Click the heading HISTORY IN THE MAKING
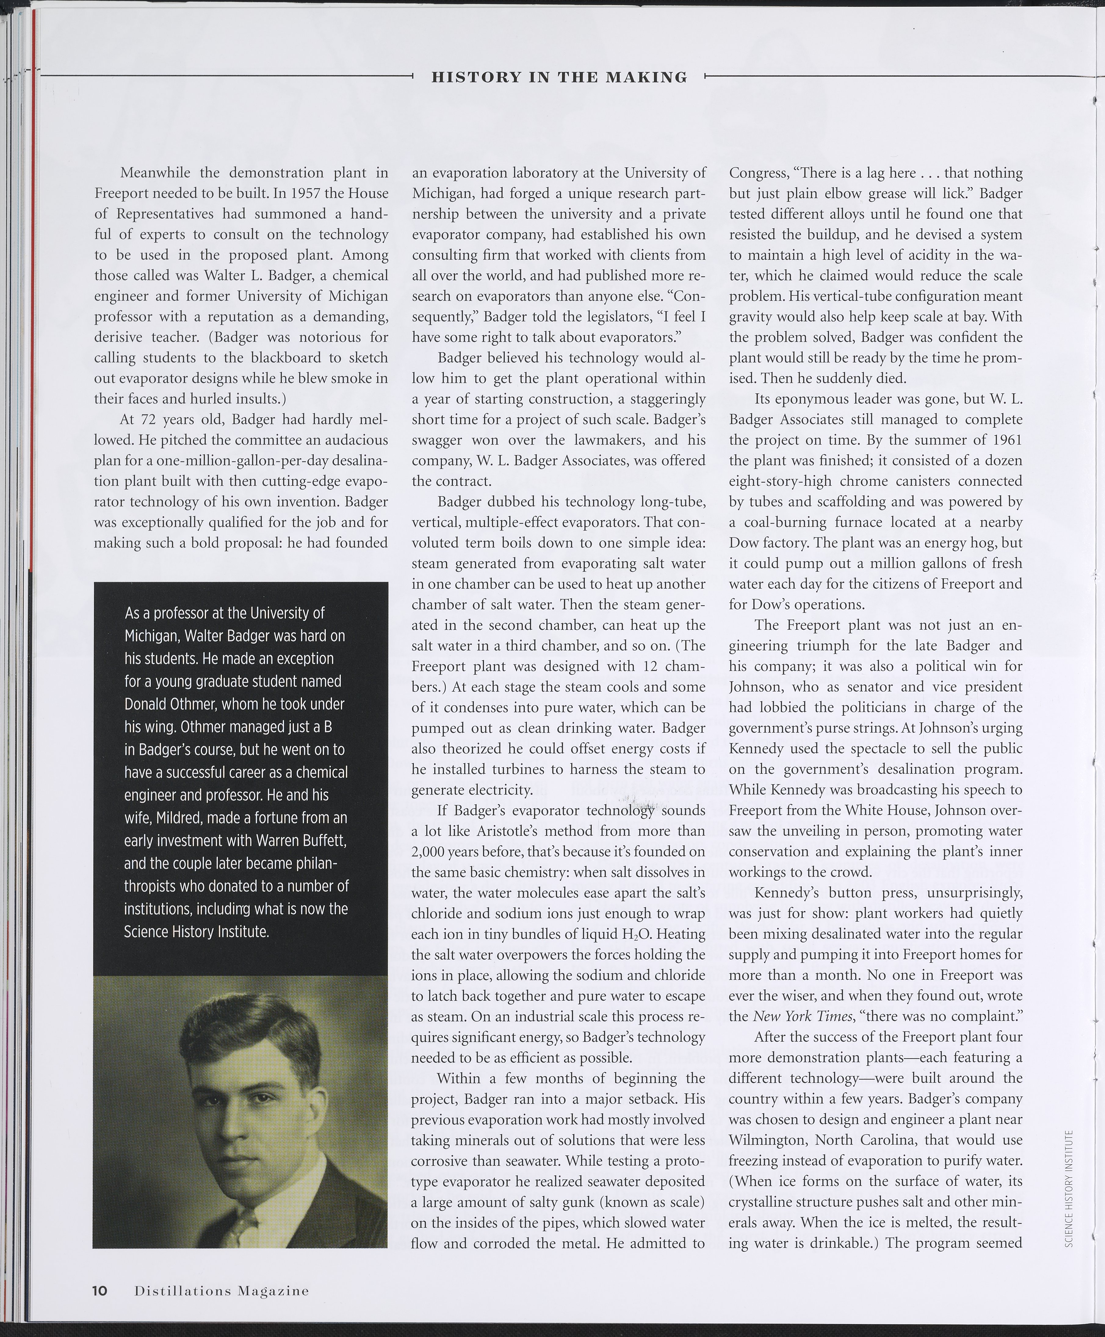pyautogui.click(x=559, y=78)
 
